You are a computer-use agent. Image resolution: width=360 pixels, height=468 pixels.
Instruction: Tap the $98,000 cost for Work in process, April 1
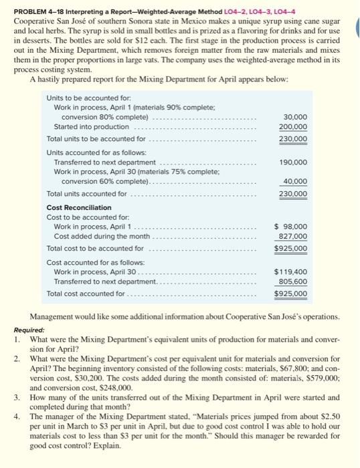[x=291, y=227]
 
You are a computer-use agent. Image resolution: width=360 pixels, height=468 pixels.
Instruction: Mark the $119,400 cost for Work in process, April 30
[x=290, y=273]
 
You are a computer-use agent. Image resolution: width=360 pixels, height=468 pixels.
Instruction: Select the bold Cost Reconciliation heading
[x=79, y=208]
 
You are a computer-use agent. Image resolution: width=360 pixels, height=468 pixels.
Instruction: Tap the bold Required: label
[x=29, y=330]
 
